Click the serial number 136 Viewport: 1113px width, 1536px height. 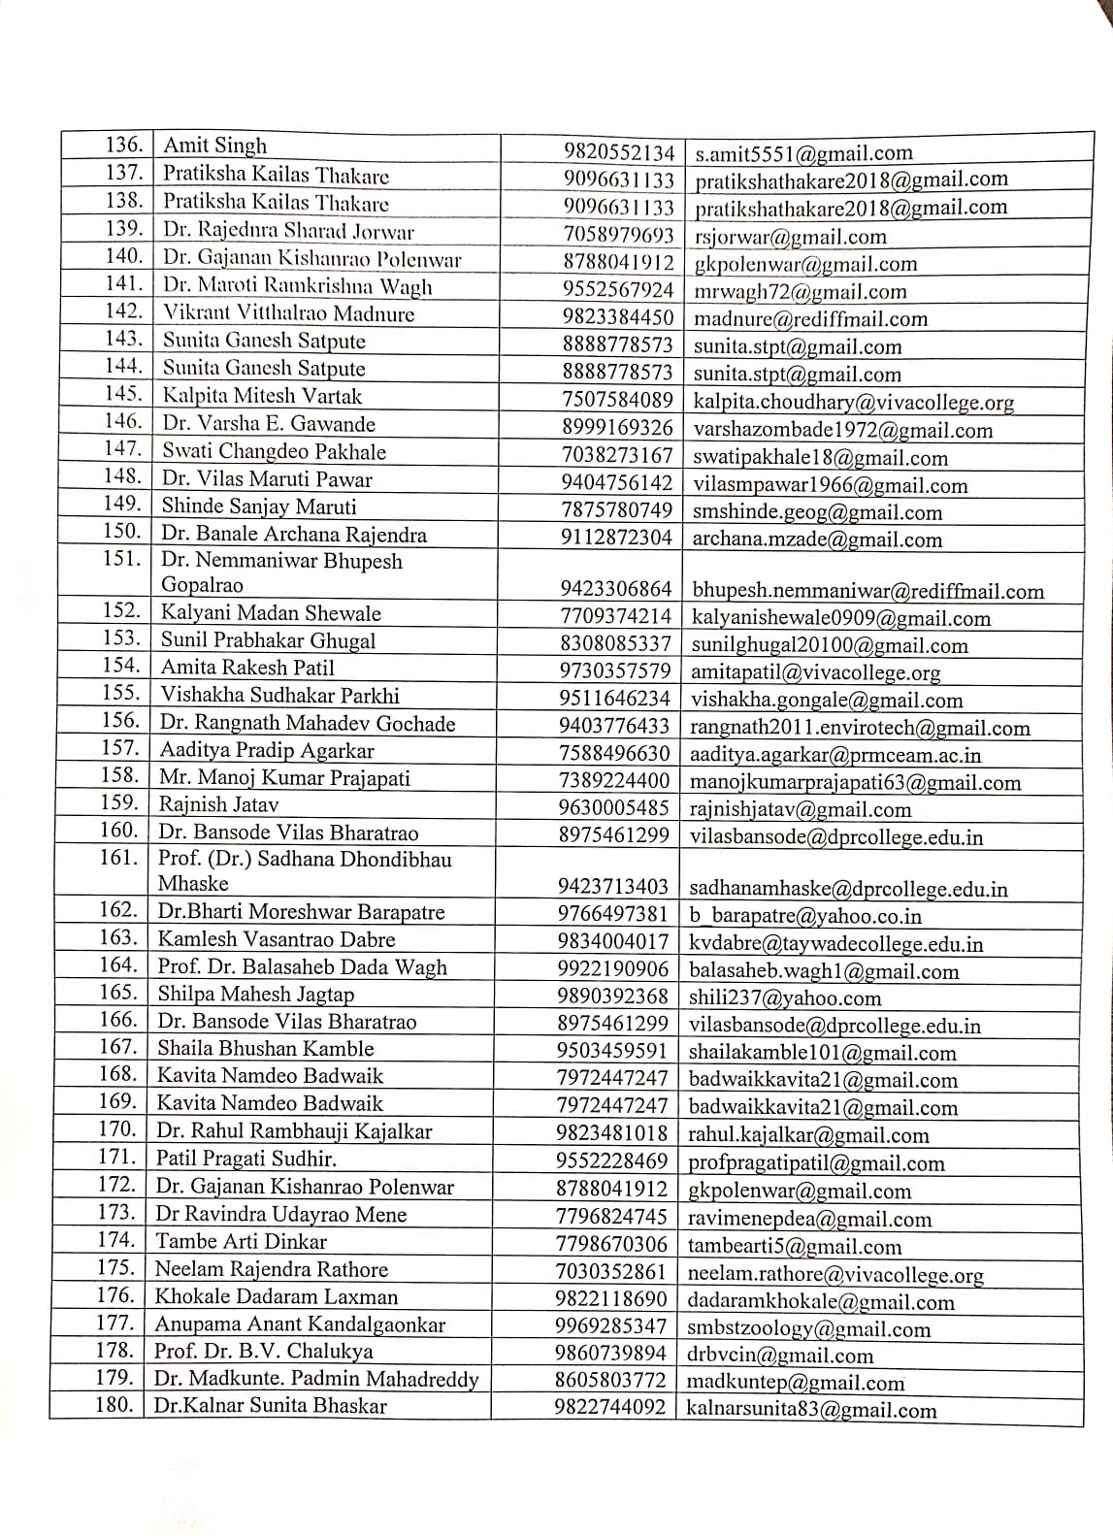pos(124,146)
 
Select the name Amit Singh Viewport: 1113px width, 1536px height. pos(214,147)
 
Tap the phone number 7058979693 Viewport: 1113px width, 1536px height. pos(618,236)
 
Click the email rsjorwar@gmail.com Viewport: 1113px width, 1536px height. pos(790,237)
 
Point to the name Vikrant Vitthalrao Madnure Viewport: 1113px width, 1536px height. pos(288,313)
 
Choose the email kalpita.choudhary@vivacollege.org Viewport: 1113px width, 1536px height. pos(853,402)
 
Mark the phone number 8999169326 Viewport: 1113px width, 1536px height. pos(617,428)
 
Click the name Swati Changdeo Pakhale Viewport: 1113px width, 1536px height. pos(274,451)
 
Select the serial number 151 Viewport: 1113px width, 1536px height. pos(121,560)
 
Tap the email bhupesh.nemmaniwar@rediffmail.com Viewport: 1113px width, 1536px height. pos(867,591)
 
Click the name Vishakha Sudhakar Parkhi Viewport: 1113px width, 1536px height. pos(279,695)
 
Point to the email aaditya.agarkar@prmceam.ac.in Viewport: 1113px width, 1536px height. pos(835,755)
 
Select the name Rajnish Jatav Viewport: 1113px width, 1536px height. pos(218,804)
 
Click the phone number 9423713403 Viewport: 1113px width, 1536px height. pos(613,886)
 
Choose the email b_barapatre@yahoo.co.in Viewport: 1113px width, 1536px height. pos(804,916)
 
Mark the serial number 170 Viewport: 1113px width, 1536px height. pos(116,1129)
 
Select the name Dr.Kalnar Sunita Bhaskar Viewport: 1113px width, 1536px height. pos(270,1405)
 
